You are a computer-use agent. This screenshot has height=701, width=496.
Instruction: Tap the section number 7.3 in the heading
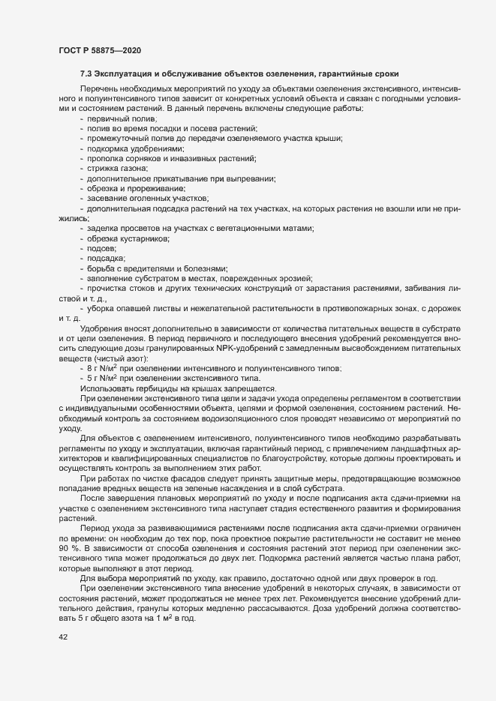pos(86,73)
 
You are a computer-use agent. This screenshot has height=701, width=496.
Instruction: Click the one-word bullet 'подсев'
pos(102,247)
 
